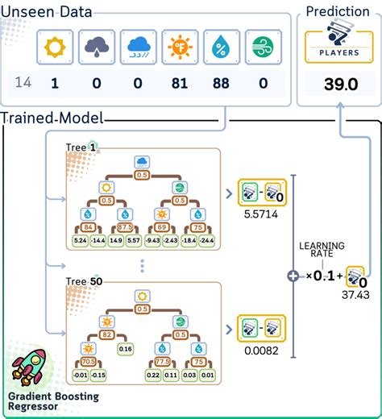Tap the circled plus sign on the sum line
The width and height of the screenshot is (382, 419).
293,276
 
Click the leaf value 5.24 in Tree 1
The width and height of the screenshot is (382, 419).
79,240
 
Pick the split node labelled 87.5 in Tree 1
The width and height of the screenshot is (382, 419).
126,226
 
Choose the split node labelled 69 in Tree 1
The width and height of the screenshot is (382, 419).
161,226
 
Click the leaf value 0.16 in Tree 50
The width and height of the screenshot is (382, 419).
126,349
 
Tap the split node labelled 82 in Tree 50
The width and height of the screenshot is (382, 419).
107,333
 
